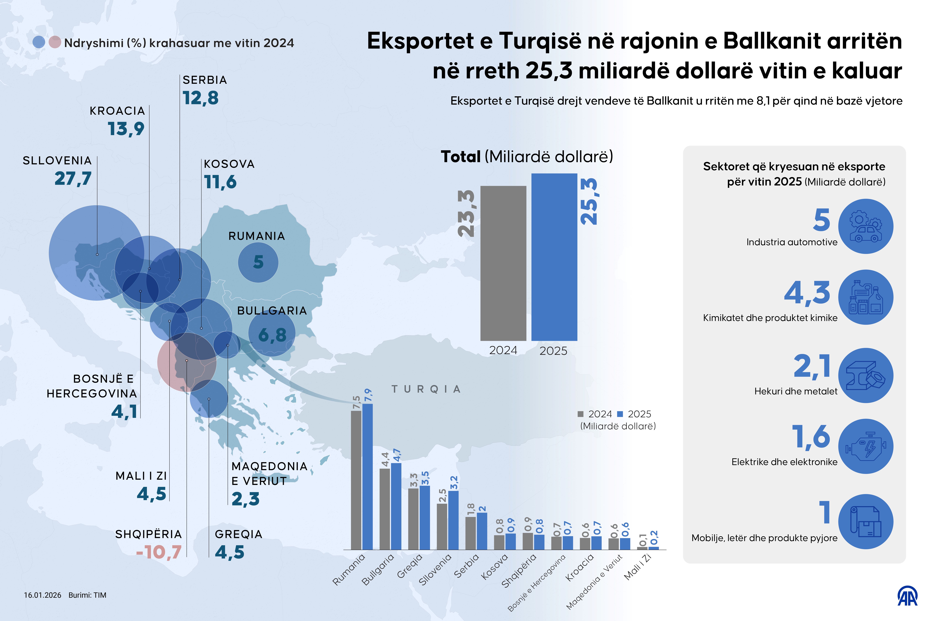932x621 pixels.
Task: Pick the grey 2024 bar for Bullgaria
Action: (384, 509)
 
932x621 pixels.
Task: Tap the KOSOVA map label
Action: (229, 164)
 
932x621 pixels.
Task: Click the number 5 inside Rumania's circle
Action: (258, 262)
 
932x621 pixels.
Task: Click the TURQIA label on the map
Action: (426, 389)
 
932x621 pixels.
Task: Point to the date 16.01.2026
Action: (42, 595)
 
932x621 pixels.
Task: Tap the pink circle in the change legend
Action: (55, 42)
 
